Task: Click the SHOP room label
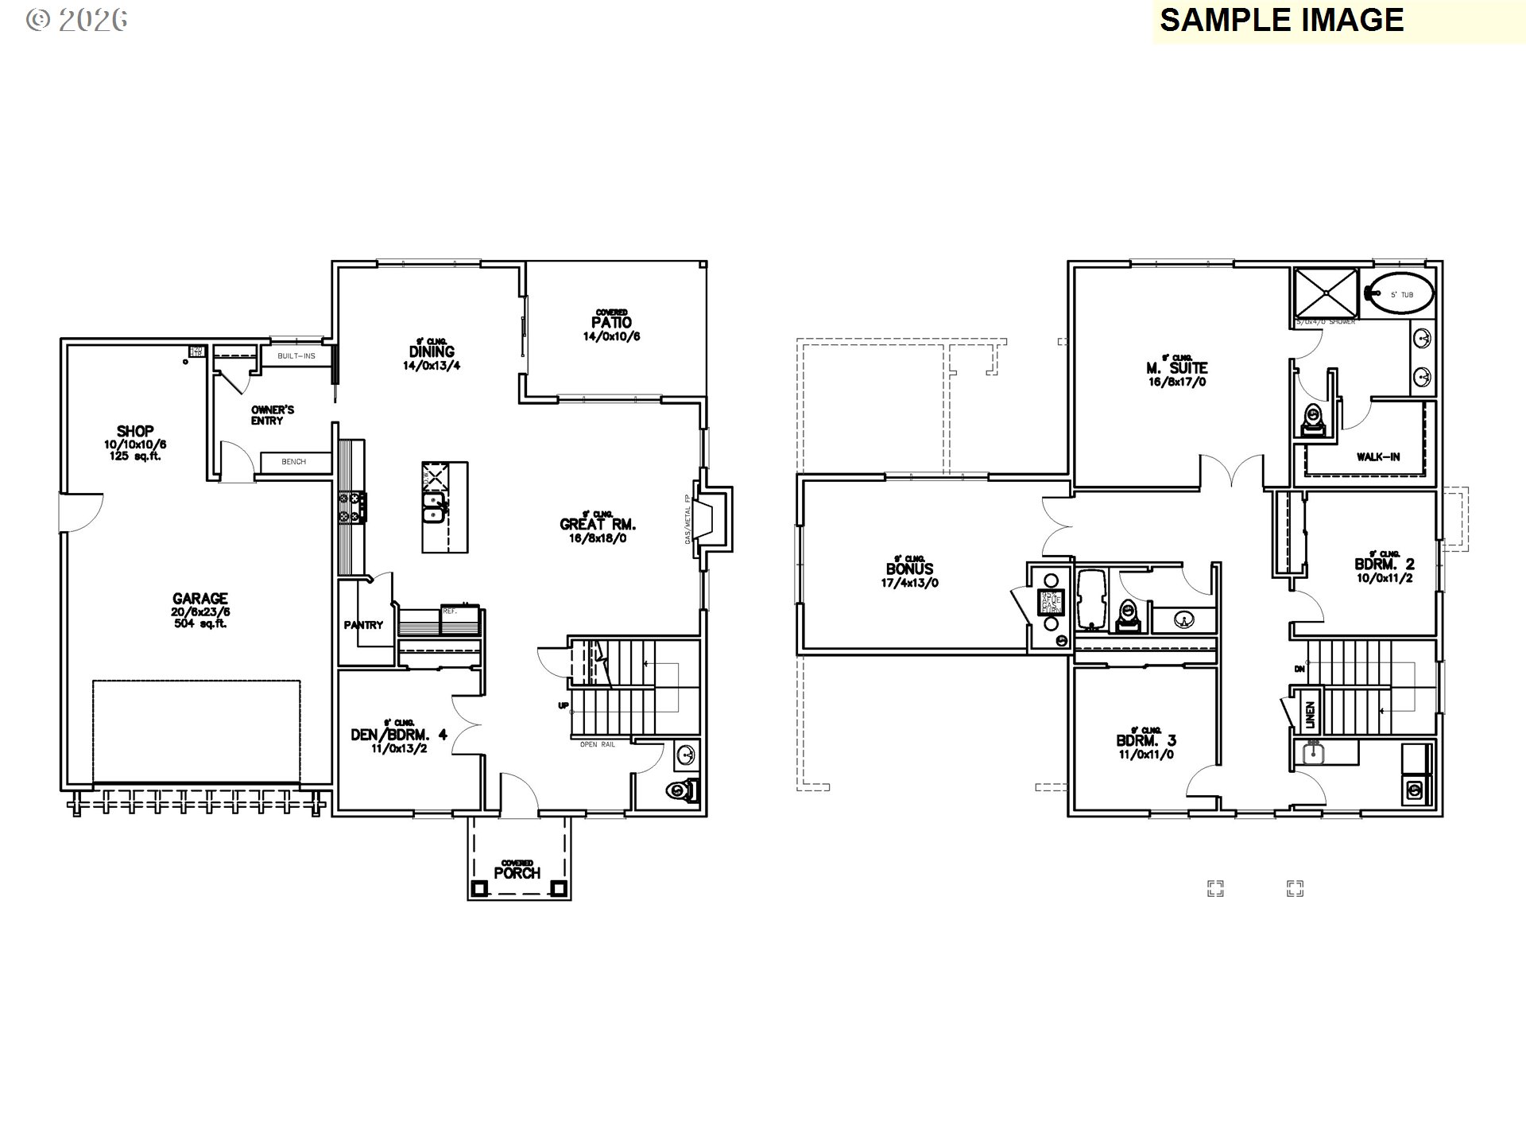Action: point(135,432)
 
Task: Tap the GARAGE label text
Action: point(200,599)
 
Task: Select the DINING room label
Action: point(432,351)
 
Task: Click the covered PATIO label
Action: point(611,323)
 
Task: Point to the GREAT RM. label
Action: point(598,525)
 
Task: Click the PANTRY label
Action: point(363,625)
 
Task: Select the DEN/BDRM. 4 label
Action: point(399,735)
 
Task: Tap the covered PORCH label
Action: point(517,873)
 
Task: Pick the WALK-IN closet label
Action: point(1378,457)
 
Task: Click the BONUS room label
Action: point(909,569)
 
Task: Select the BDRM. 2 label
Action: point(1385,565)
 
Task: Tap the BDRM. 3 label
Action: point(1146,741)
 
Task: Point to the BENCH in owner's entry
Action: point(293,462)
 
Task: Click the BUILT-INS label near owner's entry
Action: point(296,356)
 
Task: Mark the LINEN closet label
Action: point(1310,714)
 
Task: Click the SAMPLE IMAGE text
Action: point(1281,20)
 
